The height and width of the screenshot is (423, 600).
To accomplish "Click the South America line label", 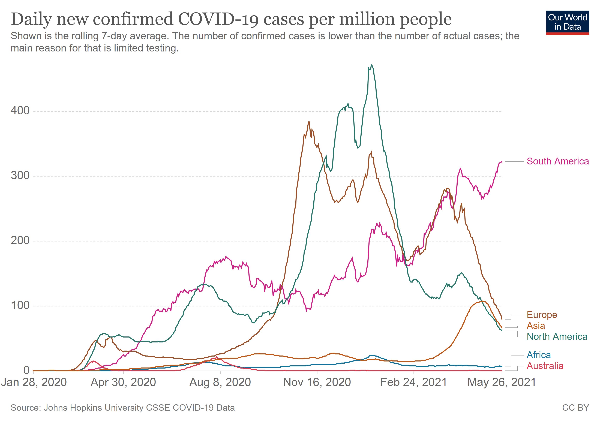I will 557,161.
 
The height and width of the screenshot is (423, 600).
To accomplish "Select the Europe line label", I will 542,315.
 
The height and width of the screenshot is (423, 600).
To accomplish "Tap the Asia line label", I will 536,326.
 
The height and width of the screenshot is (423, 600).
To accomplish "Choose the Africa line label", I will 539,355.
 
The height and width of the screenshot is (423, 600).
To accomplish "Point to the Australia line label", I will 545,366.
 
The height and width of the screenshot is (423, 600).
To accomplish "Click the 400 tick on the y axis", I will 20,111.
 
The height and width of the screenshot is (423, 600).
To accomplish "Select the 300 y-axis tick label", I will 20,176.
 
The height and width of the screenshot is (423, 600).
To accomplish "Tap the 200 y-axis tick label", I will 20,240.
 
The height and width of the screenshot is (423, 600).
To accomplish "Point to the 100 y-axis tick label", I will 20,305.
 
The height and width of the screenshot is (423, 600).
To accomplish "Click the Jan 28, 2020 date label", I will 34,382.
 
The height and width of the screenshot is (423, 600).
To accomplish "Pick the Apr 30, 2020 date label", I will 123,382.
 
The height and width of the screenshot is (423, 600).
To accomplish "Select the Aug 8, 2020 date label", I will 220,382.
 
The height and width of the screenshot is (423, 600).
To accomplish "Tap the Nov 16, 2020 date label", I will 317,382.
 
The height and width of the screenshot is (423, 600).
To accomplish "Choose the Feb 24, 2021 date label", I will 414,382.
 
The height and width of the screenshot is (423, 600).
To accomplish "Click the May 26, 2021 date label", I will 502,382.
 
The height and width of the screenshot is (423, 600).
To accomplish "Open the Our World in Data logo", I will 568,22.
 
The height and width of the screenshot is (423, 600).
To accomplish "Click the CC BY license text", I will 575,408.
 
